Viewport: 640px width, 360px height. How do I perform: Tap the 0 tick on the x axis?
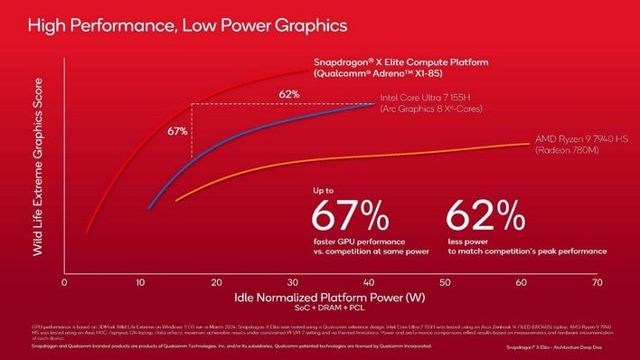[64, 283]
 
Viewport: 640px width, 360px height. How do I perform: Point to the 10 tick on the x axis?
[140, 283]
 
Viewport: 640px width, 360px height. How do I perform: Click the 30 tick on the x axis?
[292, 283]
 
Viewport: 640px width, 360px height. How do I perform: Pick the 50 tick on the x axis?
[445, 283]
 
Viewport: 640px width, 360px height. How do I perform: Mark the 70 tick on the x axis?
[597, 283]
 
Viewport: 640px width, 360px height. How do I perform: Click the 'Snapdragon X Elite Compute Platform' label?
[400, 62]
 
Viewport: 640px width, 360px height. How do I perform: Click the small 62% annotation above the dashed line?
[289, 94]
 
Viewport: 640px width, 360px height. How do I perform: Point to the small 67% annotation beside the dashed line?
[177, 132]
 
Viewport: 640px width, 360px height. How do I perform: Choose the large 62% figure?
[485, 217]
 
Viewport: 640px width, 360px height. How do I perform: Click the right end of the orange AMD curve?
[530, 143]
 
